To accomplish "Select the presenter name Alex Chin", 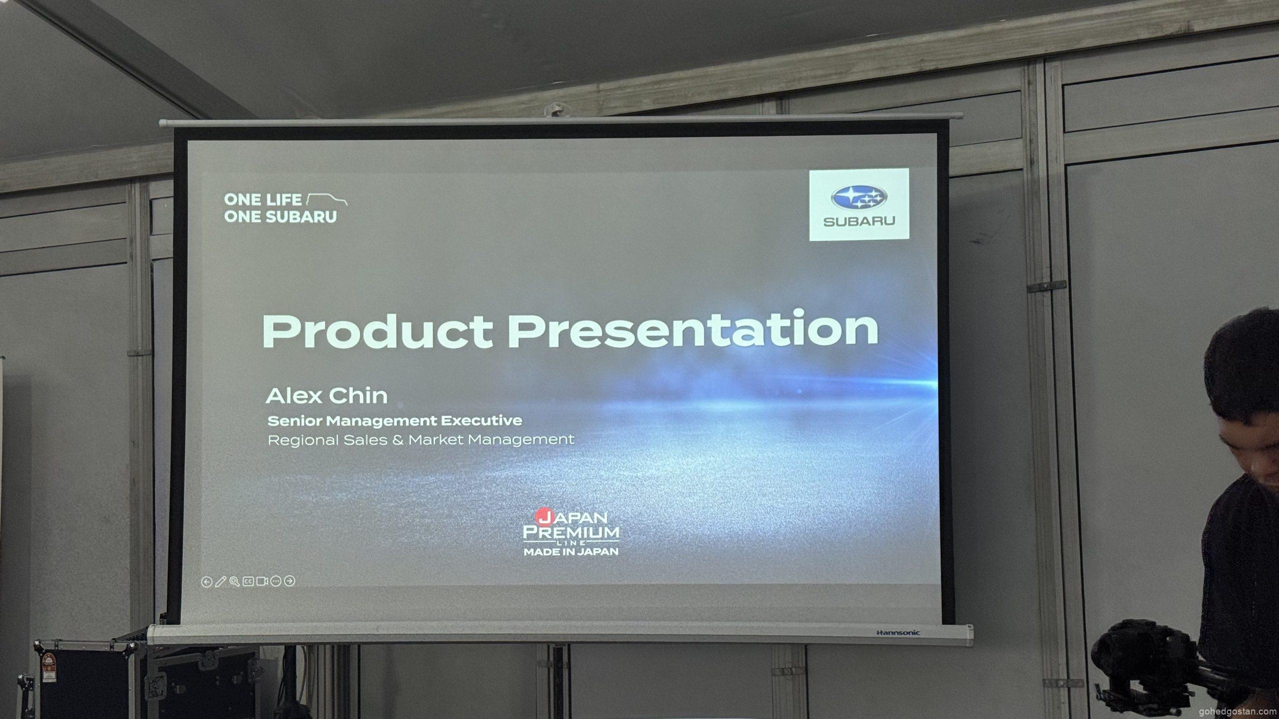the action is click(327, 396).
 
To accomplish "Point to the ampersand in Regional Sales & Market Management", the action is click(398, 440).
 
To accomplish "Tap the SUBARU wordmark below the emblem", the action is click(859, 221).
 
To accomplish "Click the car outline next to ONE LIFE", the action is click(327, 200).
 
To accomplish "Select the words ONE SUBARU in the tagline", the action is click(280, 217).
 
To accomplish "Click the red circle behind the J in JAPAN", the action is click(542, 516).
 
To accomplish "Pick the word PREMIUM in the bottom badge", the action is click(571, 532).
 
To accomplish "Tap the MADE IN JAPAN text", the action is click(571, 552).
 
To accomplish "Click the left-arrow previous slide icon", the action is click(206, 582).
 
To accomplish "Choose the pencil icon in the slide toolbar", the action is click(220, 582).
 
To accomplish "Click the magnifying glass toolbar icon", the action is click(234, 581).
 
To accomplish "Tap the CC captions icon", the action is click(248, 581).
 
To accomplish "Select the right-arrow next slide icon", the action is click(290, 581).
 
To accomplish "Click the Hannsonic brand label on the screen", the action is click(898, 633).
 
